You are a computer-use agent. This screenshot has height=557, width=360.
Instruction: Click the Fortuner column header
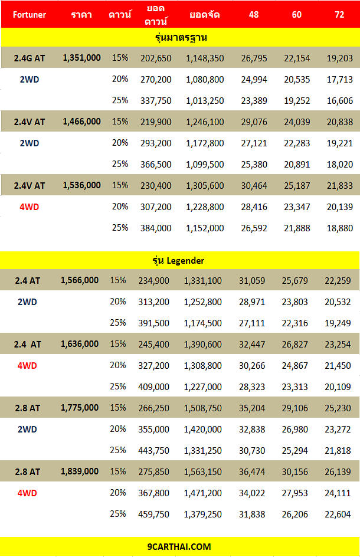(30, 15)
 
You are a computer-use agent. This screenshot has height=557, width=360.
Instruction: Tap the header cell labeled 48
(254, 15)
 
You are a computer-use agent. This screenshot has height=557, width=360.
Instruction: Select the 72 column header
(339, 15)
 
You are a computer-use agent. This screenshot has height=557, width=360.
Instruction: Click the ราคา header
(81, 15)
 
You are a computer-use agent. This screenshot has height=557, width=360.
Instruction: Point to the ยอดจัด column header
(205, 15)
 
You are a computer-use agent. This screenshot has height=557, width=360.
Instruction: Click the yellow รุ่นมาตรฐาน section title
(181, 37)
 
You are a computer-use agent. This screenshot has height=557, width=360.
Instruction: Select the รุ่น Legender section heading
(178, 260)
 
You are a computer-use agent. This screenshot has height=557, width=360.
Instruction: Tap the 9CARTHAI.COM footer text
(179, 547)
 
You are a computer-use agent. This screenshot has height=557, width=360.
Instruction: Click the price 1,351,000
(81, 58)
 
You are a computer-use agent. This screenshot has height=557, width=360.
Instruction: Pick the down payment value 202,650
(156, 58)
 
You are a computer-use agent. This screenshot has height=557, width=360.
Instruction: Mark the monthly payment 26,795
(254, 58)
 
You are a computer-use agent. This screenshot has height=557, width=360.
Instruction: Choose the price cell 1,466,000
(81, 122)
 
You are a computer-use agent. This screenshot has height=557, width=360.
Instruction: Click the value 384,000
(156, 228)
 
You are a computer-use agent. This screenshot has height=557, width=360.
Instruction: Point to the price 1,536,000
(81, 185)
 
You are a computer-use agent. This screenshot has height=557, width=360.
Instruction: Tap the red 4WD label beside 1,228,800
(29, 207)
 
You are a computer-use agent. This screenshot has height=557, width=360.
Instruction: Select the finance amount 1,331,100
(202, 281)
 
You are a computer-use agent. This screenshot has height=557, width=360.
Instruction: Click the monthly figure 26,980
(294, 430)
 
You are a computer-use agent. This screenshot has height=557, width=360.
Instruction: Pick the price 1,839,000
(80, 471)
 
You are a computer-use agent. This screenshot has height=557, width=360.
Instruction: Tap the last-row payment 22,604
(338, 515)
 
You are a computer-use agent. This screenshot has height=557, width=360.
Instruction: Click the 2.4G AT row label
(30, 58)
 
